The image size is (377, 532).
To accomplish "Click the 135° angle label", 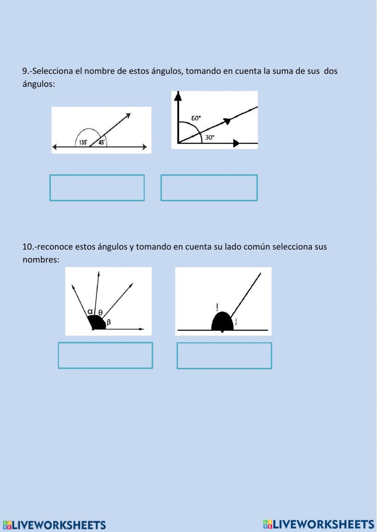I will pyautogui.click(x=83, y=142).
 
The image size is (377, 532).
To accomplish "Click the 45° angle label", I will pyautogui.click(x=102, y=142).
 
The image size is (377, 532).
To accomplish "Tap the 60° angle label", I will pyautogui.click(x=196, y=118).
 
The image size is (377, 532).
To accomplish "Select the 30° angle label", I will pyautogui.click(x=210, y=137).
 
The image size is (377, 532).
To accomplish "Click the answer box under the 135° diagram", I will pyautogui.click(x=97, y=187).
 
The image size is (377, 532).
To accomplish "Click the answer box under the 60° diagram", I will pyautogui.click(x=209, y=187).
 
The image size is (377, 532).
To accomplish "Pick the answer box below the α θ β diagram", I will pyautogui.click(x=105, y=355).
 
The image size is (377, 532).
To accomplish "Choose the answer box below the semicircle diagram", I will pyautogui.click(x=224, y=355).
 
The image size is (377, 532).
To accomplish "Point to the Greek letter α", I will pyautogui.click(x=90, y=311).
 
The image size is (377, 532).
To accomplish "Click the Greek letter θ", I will pyautogui.click(x=100, y=312).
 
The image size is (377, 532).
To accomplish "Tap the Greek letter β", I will pyautogui.click(x=109, y=322).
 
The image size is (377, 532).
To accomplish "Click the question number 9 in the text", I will pyautogui.click(x=25, y=71).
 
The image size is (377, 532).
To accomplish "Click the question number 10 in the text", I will pyautogui.click(x=28, y=247).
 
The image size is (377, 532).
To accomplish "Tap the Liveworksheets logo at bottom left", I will pyautogui.click(x=54, y=525).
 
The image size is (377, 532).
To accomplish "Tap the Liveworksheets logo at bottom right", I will pyautogui.click(x=319, y=524).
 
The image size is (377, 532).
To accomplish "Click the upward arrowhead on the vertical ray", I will pyautogui.click(x=178, y=96).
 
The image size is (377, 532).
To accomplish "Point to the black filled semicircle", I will pyautogui.click(x=222, y=322).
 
